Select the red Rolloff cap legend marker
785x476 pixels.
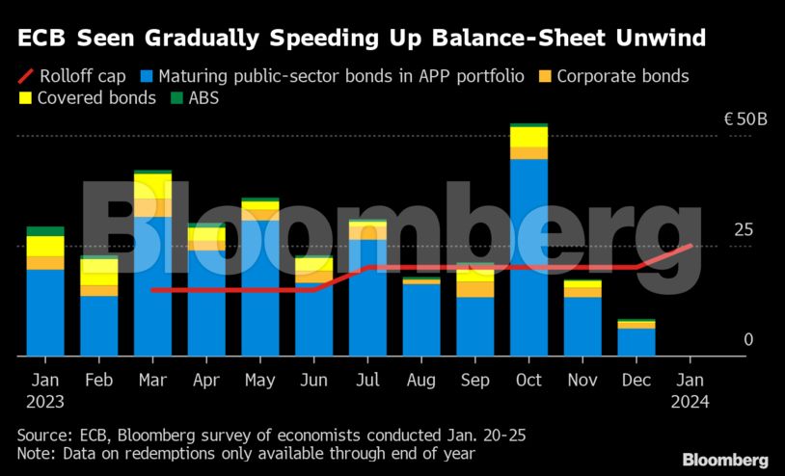pyautogui.click(x=26, y=76)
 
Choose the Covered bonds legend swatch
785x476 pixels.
pyautogui.click(x=26, y=98)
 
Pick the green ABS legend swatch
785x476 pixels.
pyautogui.click(x=176, y=98)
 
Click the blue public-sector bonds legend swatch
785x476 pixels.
pyautogui.click(x=146, y=76)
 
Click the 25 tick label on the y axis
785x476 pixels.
pyautogui.click(x=743, y=230)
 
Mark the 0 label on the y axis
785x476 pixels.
pyautogui.click(x=747, y=340)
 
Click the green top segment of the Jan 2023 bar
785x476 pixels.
pyautogui.click(x=45, y=231)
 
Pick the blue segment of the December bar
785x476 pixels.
pyautogui.click(x=636, y=342)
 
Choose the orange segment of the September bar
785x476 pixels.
pyautogui.click(x=474, y=289)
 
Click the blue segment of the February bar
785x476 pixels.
pyautogui.click(x=98, y=326)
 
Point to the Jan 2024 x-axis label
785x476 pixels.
pyautogui.click(x=690, y=390)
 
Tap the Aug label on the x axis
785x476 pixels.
pyautogui.click(x=420, y=380)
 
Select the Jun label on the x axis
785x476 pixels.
pyautogui.click(x=313, y=380)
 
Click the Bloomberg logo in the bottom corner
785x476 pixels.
pyautogui.click(x=725, y=460)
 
